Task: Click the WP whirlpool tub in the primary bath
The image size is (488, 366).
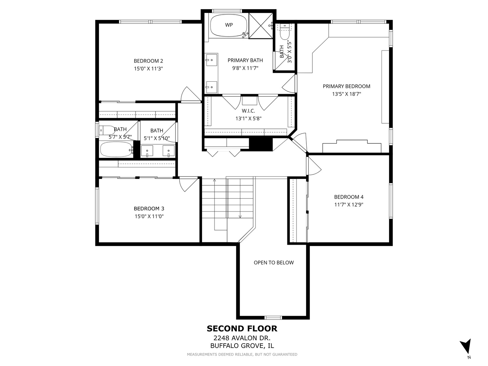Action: point(229,25)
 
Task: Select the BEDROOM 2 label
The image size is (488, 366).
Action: point(148,61)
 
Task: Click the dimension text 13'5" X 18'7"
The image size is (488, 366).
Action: point(346,94)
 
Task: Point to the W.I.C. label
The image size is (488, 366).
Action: point(248,111)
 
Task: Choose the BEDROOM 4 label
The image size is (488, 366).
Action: point(349,197)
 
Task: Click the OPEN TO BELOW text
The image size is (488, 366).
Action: point(274,262)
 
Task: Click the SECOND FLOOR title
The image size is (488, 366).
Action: point(242,328)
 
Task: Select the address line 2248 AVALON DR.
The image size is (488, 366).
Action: point(242,338)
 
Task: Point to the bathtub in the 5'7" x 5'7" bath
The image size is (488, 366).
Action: point(116,149)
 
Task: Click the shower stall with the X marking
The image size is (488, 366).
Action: point(261,26)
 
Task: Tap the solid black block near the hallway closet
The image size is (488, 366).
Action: point(261,144)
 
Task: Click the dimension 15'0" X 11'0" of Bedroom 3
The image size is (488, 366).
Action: point(149,216)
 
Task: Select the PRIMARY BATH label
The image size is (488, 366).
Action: point(245,60)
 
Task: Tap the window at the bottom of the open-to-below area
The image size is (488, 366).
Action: point(273,318)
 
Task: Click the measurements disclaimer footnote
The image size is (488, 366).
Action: point(242,354)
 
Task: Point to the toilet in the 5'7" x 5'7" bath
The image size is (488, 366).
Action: point(107,130)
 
